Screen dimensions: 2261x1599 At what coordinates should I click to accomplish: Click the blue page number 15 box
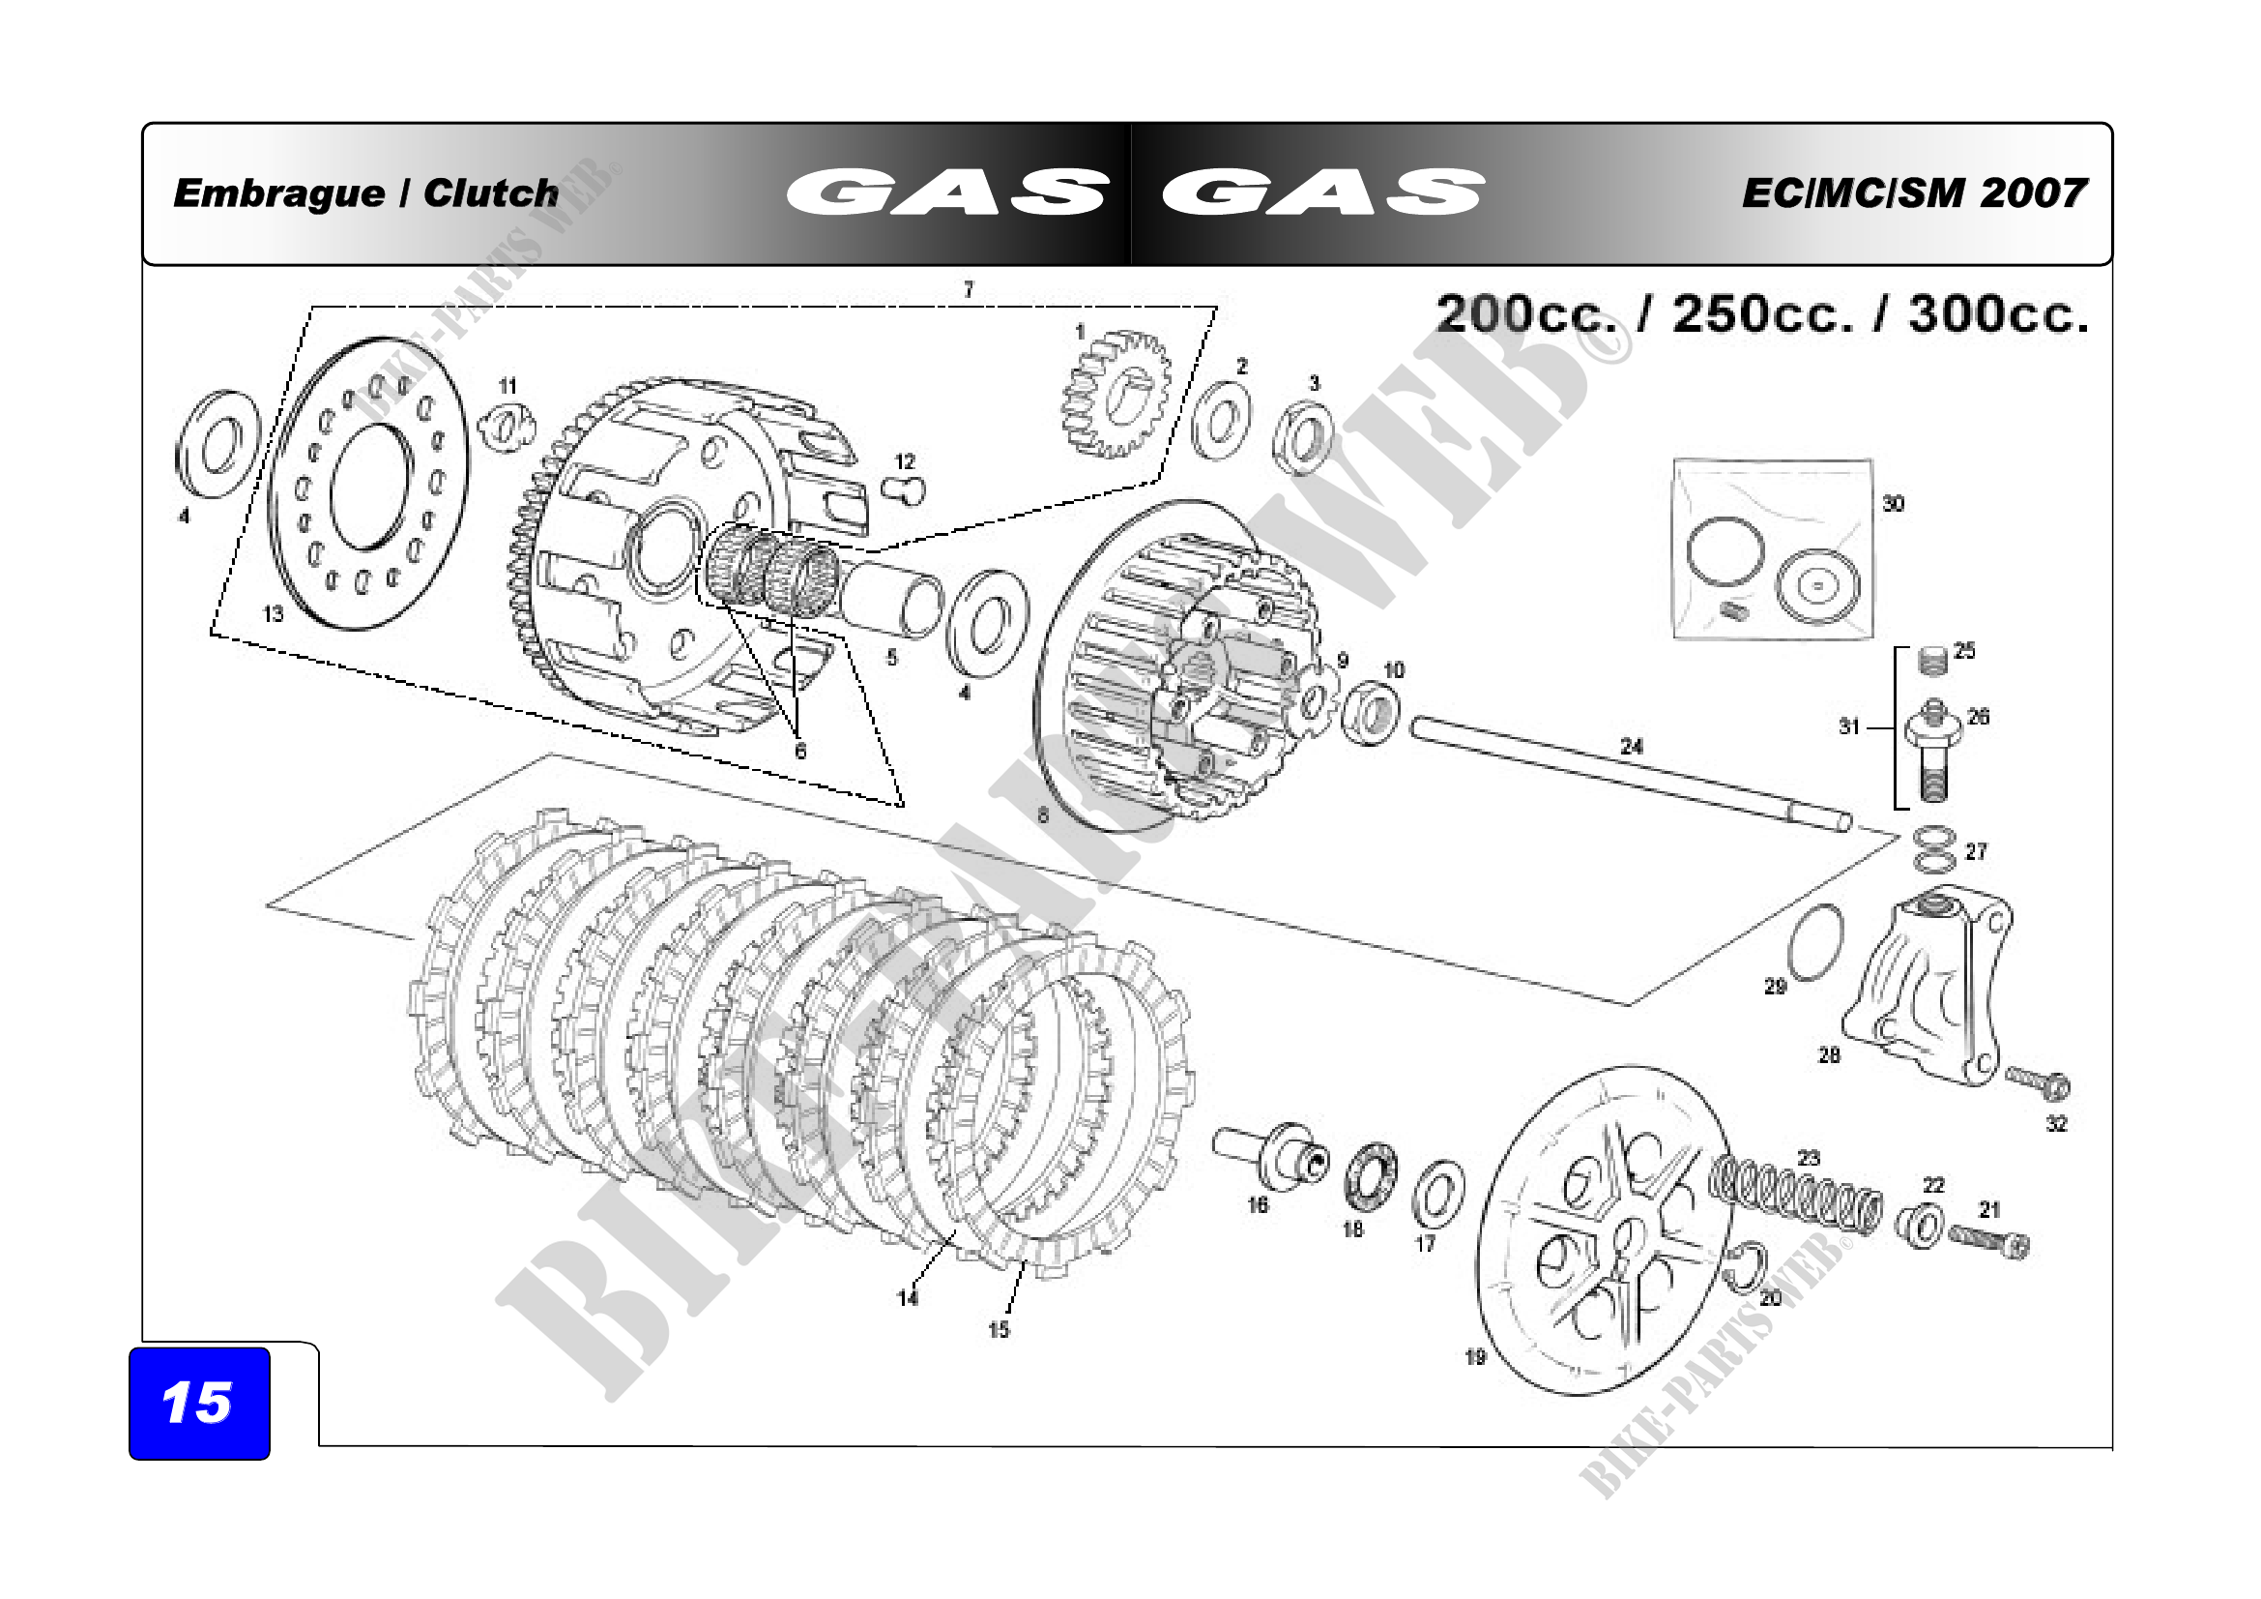(199, 1403)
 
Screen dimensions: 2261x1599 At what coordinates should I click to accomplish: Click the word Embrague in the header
(278, 194)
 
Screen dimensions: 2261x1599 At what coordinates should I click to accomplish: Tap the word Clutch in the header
(490, 193)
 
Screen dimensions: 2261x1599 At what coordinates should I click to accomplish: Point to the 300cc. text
(1998, 314)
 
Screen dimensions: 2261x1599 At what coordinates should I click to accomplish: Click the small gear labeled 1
(1116, 394)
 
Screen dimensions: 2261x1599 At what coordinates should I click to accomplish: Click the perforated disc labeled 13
(368, 483)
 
